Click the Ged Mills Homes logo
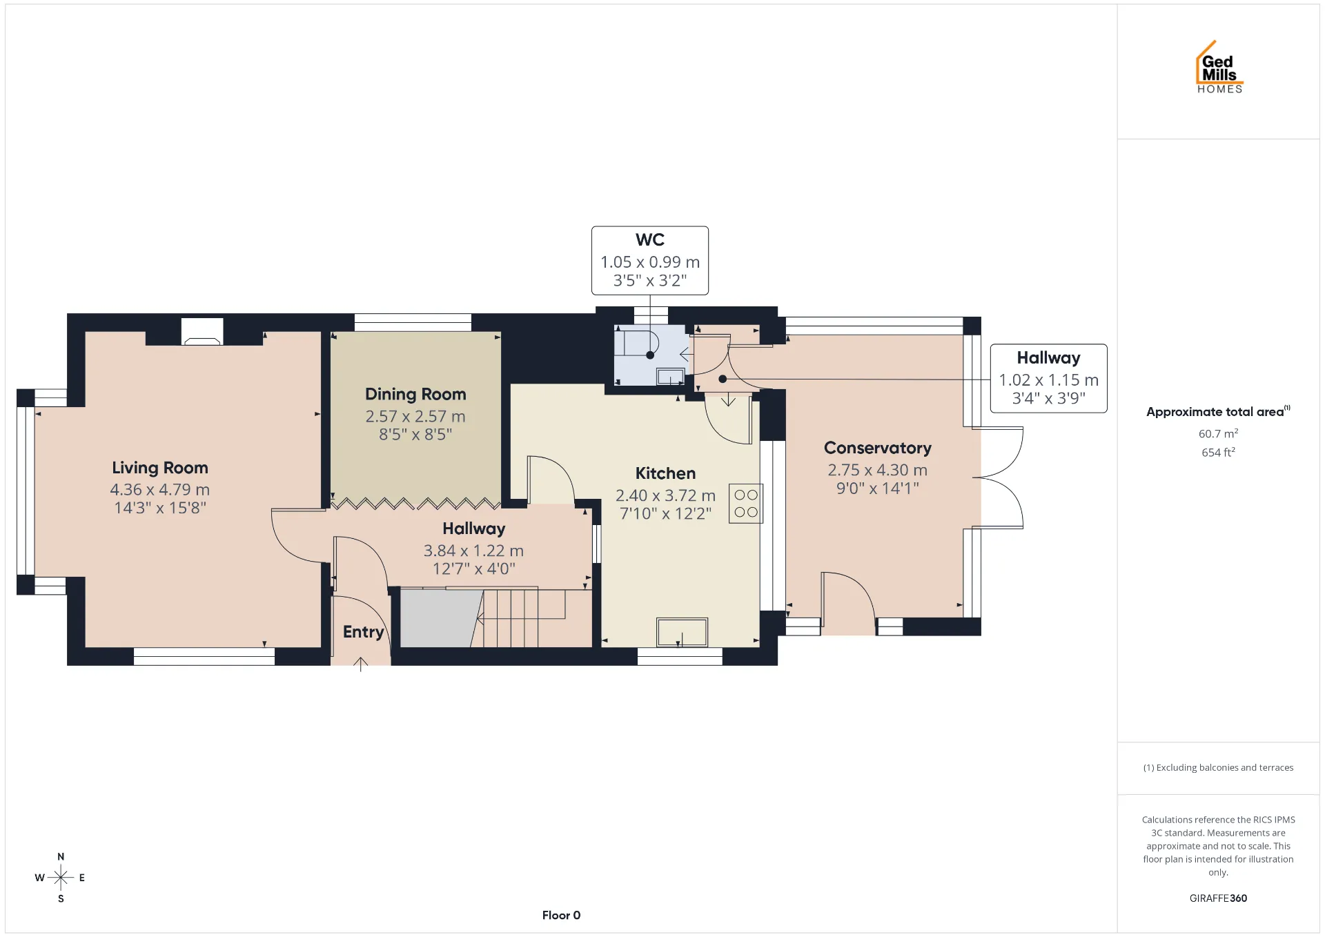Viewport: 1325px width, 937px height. (x=1219, y=67)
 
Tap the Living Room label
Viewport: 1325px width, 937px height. (x=160, y=468)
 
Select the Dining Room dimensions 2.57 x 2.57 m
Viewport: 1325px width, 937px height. (x=415, y=417)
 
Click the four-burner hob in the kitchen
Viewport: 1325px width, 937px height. (x=746, y=504)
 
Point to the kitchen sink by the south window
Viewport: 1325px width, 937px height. (x=682, y=632)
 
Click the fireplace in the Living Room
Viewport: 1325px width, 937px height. (x=202, y=332)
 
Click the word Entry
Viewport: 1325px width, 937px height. (x=363, y=632)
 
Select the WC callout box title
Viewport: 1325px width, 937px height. (x=650, y=240)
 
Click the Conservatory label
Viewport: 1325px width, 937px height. (x=878, y=448)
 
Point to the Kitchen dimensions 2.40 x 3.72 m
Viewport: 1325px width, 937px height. (x=665, y=496)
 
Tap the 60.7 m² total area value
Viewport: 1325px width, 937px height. (x=1218, y=433)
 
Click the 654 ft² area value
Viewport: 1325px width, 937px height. (x=1218, y=453)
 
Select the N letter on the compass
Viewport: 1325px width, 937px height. (x=61, y=857)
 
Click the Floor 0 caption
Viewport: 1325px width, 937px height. (x=561, y=916)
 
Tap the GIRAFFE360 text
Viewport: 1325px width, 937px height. (x=1218, y=898)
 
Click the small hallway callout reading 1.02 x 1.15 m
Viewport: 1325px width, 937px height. (x=1049, y=380)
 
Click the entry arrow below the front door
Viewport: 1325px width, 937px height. (x=360, y=664)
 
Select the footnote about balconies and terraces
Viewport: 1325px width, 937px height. (x=1218, y=768)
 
